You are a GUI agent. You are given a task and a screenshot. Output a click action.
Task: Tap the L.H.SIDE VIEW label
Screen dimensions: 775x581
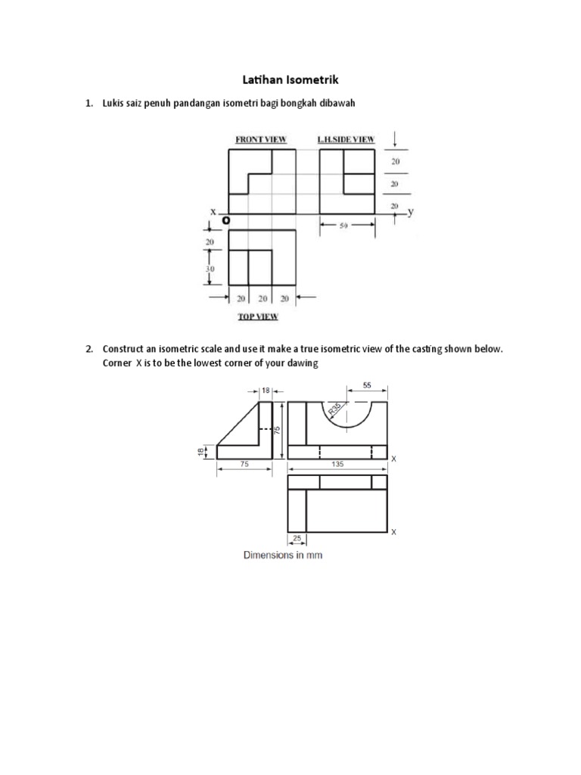click(346, 140)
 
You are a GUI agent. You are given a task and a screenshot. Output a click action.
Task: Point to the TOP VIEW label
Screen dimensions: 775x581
click(257, 317)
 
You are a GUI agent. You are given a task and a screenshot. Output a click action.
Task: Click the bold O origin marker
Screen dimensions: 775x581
click(226, 220)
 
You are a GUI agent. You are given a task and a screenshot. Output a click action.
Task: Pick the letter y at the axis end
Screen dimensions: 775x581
click(411, 213)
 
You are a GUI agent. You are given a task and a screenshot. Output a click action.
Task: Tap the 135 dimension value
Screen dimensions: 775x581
click(337, 464)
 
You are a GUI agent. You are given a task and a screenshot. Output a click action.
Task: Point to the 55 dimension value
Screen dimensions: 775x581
click(367, 385)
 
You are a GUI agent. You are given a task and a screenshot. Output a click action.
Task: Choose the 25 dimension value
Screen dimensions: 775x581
click(297, 540)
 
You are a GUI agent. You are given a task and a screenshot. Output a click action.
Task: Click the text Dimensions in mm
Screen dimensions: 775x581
click(283, 556)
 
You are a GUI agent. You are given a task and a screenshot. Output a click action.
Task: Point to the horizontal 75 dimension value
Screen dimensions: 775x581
click(244, 465)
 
